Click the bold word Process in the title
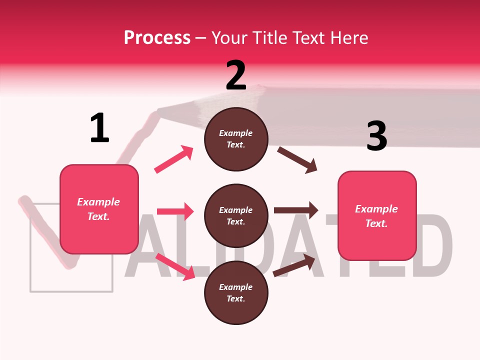(x=157, y=37)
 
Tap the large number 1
(x=99, y=128)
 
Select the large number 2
(x=236, y=75)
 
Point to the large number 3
(x=376, y=136)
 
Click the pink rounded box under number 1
(x=99, y=209)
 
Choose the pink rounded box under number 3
(x=377, y=215)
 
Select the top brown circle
(x=236, y=139)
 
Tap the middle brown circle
(x=236, y=215)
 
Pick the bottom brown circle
(x=236, y=292)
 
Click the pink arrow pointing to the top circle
(x=174, y=159)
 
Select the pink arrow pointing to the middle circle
(x=175, y=211)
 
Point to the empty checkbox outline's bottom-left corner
(x=31, y=290)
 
